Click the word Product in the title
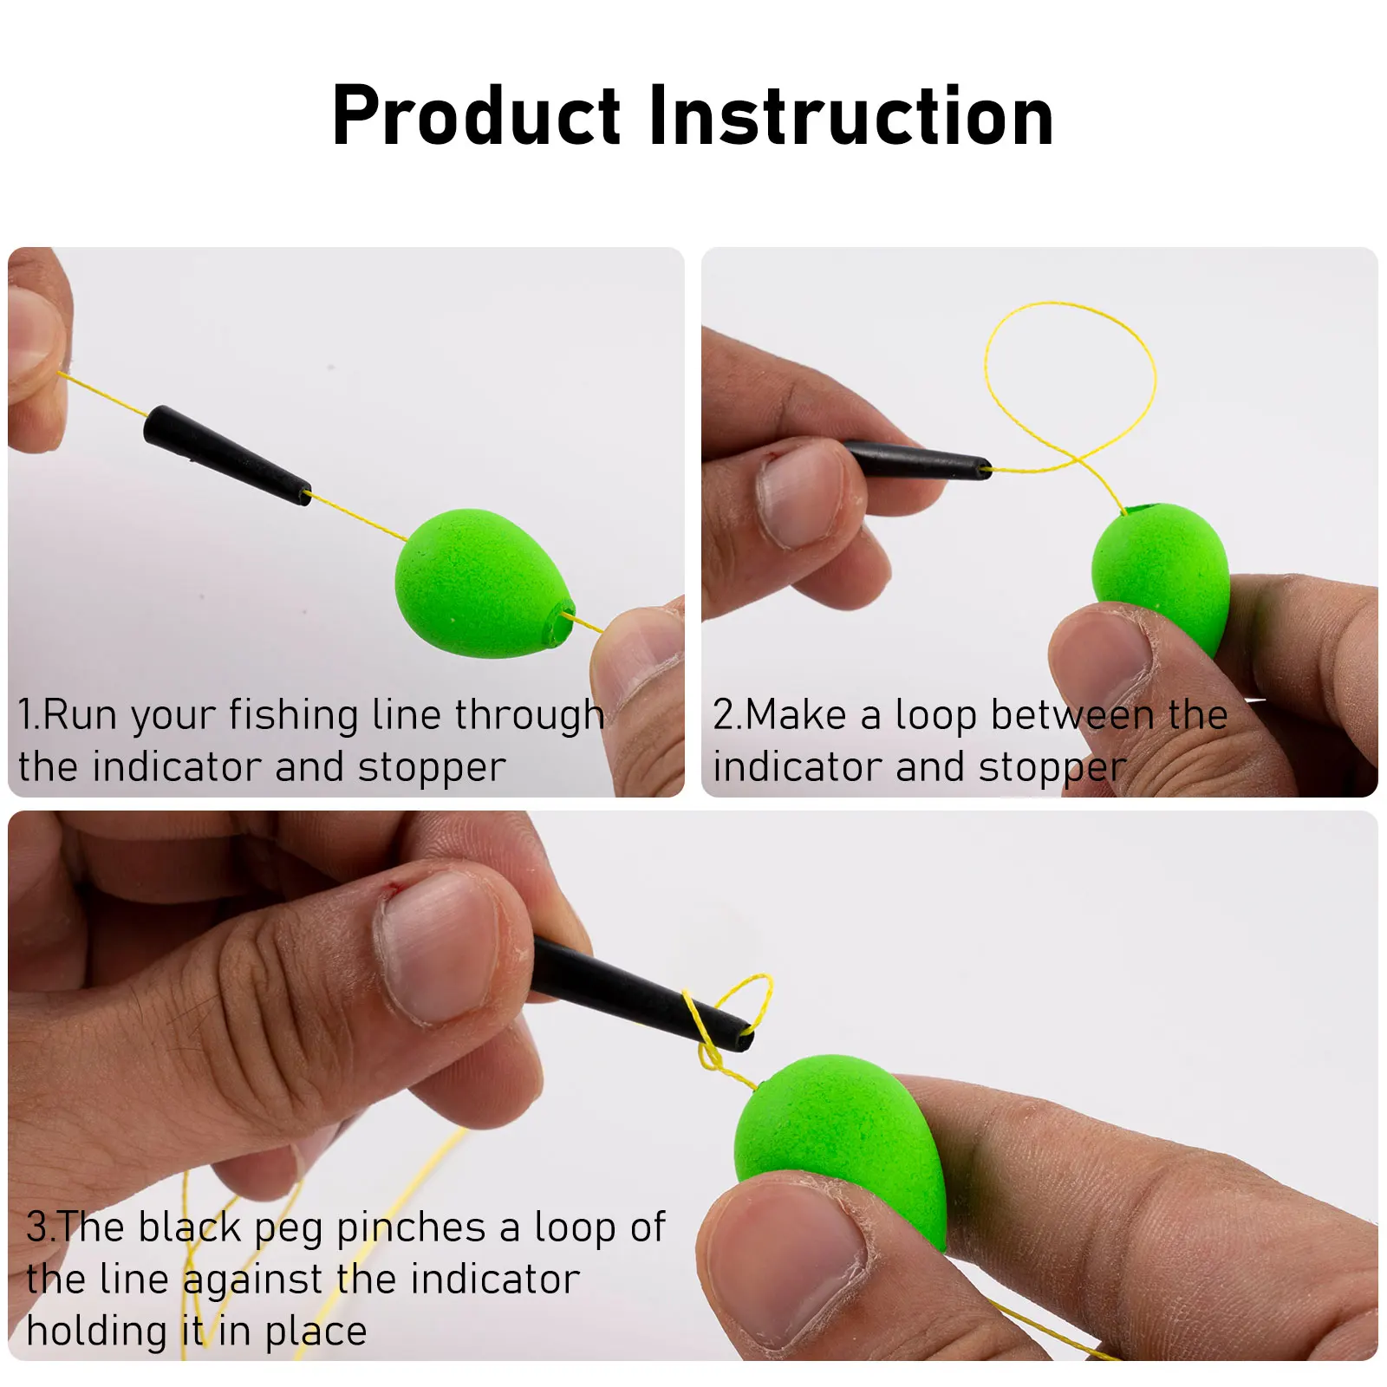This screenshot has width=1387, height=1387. (x=476, y=117)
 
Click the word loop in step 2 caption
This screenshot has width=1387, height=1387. (x=935, y=716)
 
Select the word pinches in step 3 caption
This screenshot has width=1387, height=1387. (x=410, y=1227)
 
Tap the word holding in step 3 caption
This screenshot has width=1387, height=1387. (x=95, y=1332)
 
